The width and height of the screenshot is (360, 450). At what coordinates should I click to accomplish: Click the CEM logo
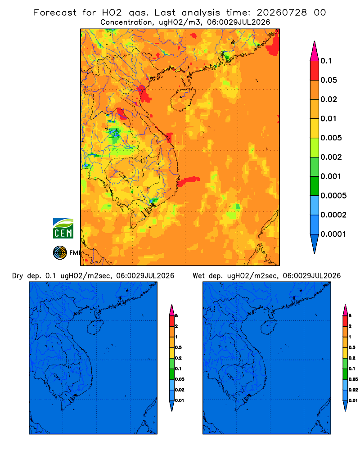[x=63, y=228]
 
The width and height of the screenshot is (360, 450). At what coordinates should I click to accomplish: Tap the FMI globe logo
[x=60, y=253]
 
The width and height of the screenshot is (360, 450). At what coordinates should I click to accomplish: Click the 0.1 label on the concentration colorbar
[x=326, y=61]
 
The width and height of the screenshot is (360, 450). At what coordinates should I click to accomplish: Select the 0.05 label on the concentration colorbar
[x=328, y=80]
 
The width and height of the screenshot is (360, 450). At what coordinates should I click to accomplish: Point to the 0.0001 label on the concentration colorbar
[x=333, y=234]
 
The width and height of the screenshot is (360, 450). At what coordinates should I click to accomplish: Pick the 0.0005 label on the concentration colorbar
[x=333, y=196]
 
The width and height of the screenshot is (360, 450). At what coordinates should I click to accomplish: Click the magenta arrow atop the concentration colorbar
[x=315, y=51]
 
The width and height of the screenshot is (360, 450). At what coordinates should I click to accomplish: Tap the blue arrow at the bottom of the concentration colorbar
[x=315, y=243]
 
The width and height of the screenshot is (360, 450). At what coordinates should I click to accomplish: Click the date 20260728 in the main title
[x=282, y=13]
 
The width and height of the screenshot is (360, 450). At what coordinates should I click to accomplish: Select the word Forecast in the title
[x=55, y=13]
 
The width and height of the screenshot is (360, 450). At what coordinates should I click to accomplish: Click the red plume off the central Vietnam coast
[x=188, y=181]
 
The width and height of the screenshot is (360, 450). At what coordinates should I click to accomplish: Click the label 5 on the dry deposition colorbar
[x=176, y=316]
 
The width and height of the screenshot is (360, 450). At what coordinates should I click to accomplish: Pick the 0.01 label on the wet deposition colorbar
[x=353, y=400]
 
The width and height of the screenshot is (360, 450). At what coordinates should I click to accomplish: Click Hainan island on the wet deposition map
[x=269, y=327]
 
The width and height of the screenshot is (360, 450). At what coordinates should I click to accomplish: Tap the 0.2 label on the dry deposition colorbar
[x=178, y=358]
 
